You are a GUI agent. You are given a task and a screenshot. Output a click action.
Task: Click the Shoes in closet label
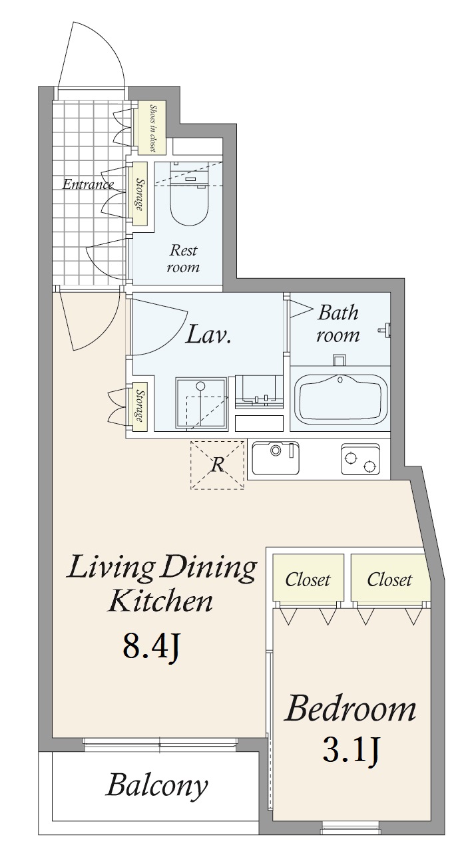click(x=152, y=128)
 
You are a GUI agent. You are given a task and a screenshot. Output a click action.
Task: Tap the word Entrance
click(x=88, y=185)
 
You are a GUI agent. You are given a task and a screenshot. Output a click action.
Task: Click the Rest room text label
click(x=183, y=258)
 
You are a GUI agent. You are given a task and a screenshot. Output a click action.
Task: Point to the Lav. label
click(x=208, y=333)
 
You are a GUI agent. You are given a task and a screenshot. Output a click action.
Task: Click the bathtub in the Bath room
click(x=340, y=399)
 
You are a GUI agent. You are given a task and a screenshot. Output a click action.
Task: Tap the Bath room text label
click(x=338, y=323)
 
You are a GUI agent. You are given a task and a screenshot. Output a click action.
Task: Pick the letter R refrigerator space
click(x=218, y=464)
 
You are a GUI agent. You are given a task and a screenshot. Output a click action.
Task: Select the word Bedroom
click(x=350, y=709)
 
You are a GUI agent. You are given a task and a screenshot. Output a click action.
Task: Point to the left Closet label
click(x=308, y=580)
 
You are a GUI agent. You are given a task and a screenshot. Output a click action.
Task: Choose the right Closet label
click(x=389, y=580)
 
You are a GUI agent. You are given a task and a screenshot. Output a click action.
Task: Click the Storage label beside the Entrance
click(x=140, y=194)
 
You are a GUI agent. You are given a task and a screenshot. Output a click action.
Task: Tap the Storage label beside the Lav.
click(x=140, y=406)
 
